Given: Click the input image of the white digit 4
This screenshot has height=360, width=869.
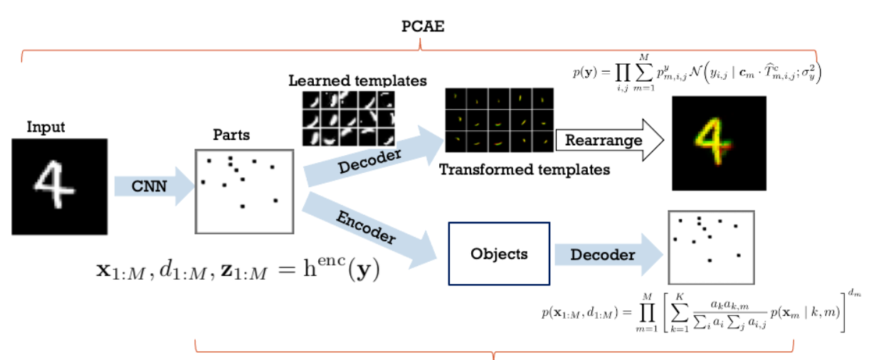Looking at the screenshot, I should tap(59, 187).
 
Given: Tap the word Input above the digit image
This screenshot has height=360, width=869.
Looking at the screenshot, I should tap(46, 127).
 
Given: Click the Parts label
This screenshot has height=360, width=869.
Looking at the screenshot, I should tap(231, 134).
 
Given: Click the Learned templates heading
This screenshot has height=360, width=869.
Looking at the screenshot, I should tap(357, 80).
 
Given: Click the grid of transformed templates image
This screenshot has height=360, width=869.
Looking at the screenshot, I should tap(498, 120).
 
